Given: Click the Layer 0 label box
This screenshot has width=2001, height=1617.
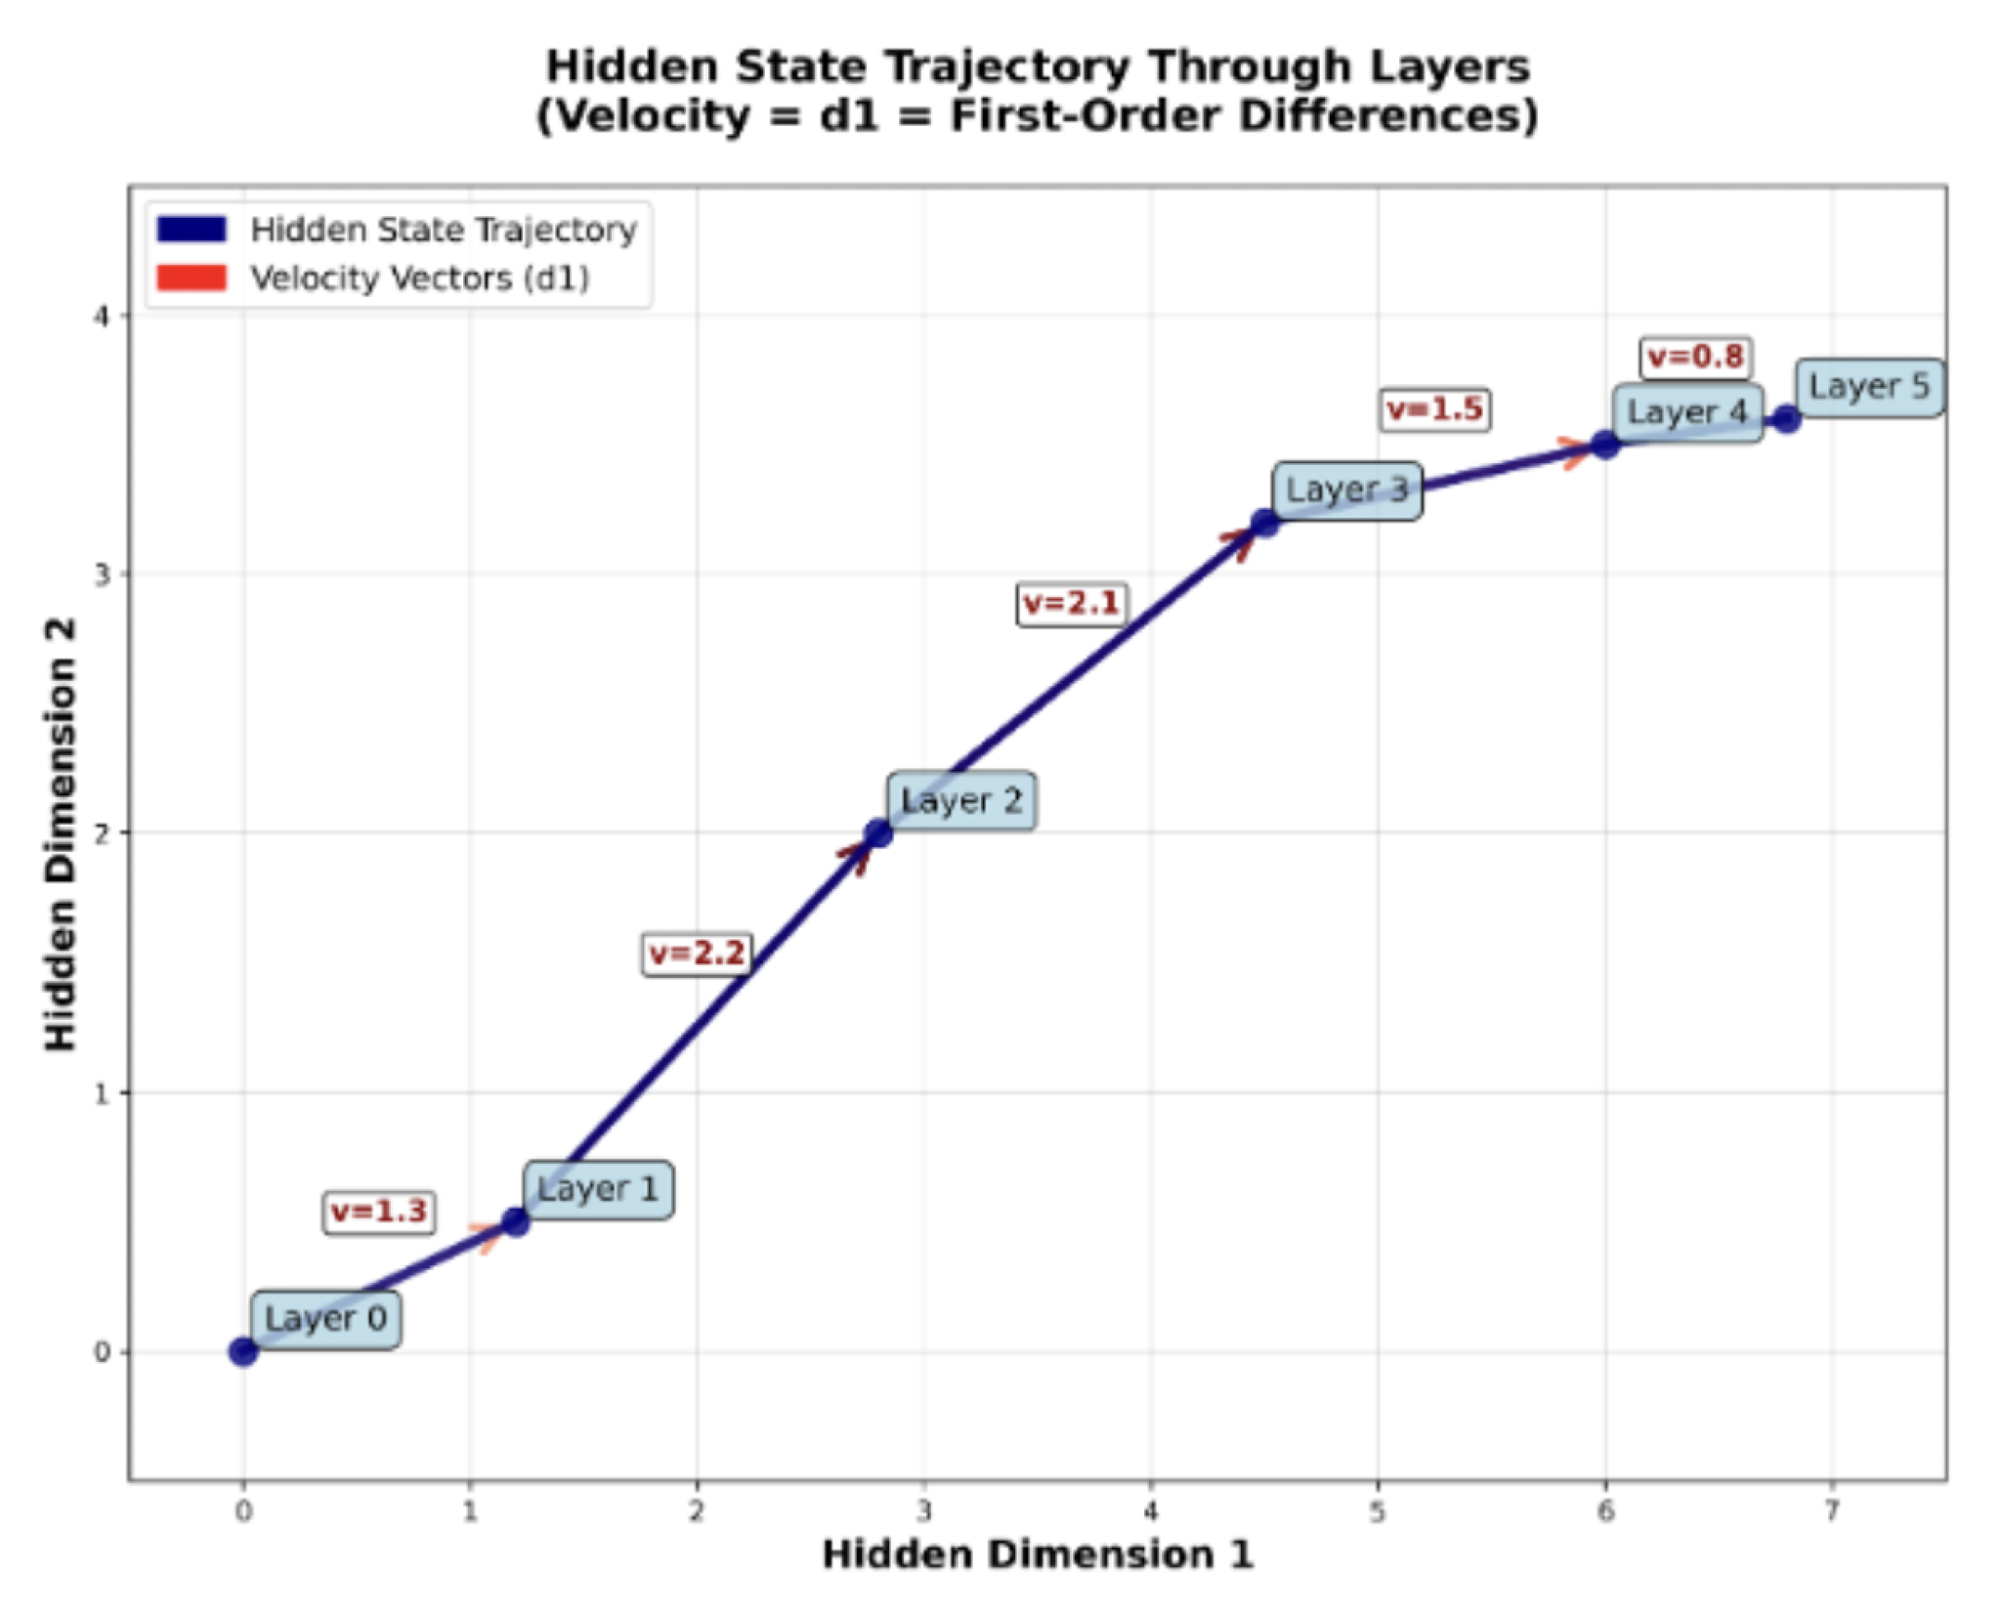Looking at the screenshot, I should tap(325, 1319).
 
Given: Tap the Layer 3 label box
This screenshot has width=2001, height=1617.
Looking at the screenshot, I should tap(1346, 489).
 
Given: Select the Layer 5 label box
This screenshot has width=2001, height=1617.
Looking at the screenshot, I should tap(1868, 387).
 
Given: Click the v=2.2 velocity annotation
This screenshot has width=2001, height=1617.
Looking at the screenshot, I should tap(698, 954).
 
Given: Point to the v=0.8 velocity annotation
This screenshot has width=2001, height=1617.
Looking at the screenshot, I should tap(1695, 357).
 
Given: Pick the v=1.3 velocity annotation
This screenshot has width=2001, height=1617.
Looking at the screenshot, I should tap(379, 1212).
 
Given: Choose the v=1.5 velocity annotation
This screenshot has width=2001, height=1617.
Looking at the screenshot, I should tap(1435, 408).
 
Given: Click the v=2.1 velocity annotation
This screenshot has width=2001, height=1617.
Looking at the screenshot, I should tap(1072, 603).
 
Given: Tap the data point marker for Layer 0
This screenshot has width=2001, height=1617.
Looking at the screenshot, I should tap(243, 1352).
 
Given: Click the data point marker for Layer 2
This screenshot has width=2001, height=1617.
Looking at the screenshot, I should tap(878, 833).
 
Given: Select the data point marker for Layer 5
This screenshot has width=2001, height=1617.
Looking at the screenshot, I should tap(1787, 419).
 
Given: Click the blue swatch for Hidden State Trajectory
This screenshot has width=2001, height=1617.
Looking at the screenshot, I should tap(192, 230).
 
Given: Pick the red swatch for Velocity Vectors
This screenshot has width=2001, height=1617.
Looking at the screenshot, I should tap(192, 278).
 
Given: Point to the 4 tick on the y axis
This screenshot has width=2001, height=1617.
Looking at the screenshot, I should tap(102, 316).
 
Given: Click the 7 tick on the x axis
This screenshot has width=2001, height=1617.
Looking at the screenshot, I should tap(1832, 1511).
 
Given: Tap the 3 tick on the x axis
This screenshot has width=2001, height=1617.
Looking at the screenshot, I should tap(923, 1511).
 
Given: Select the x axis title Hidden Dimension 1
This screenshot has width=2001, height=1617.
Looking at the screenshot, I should tap(1037, 1554).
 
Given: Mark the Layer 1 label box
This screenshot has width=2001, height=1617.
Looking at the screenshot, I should tap(597, 1189).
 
